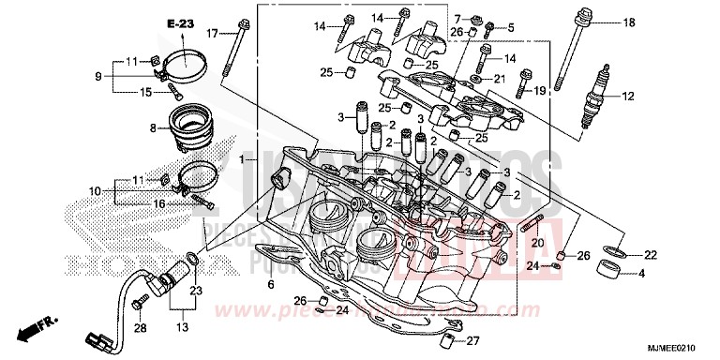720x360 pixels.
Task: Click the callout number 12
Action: (627, 96)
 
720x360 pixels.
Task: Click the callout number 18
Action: (628, 22)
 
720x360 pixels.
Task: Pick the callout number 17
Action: (212, 34)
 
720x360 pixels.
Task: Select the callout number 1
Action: (242, 160)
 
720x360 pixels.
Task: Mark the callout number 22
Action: (651, 254)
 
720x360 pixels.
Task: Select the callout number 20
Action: (537, 243)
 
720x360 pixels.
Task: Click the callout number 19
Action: (540, 91)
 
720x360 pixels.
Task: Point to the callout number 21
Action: (499, 79)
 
